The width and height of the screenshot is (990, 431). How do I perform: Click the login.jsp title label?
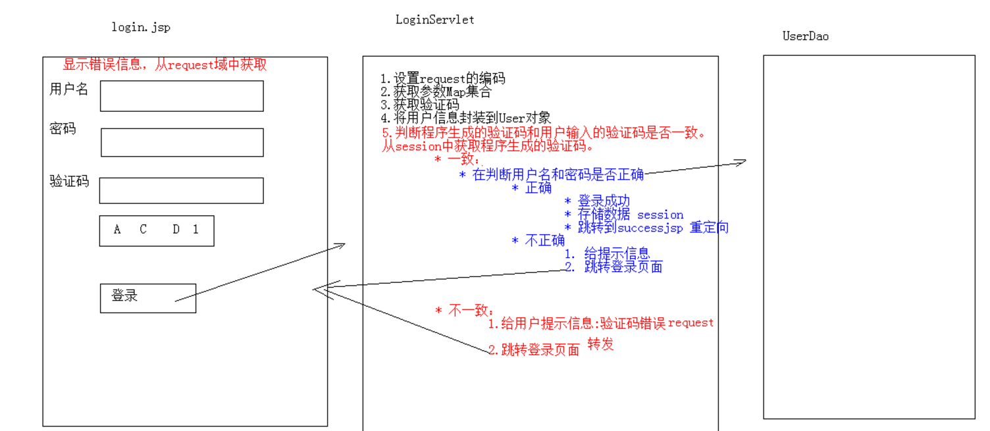point(141,27)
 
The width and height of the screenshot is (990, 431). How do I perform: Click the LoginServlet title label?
point(434,19)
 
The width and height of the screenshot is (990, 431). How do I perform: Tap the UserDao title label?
point(805,36)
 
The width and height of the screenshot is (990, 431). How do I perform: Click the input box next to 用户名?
point(182,96)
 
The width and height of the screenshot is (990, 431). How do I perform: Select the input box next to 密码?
point(182,142)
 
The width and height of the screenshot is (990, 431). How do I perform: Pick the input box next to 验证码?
point(182,190)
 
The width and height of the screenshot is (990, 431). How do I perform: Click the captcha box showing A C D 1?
point(157,230)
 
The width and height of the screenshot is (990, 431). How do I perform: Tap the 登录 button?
point(147,298)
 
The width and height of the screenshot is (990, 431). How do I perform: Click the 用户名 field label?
point(68,89)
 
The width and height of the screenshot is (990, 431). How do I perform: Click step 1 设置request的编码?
point(443,79)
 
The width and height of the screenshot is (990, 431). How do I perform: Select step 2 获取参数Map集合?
point(436,92)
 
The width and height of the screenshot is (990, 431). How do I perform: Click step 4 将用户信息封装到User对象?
point(465,118)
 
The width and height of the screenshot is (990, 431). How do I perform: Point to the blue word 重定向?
point(709,228)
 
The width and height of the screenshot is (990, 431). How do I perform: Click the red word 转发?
point(600,343)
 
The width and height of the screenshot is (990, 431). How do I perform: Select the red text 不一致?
point(471,311)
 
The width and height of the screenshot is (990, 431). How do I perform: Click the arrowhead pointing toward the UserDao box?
point(741,161)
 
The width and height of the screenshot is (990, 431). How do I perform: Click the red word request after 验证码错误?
point(690,322)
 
